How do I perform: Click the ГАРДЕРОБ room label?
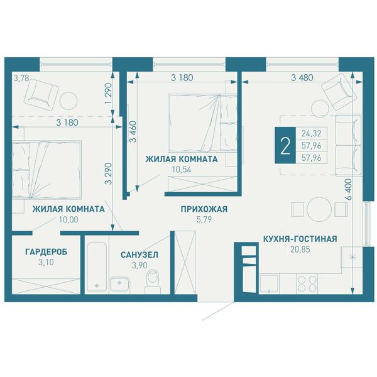[46, 252]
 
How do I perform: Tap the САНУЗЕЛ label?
[139, 254]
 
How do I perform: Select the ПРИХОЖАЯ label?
[204, 209]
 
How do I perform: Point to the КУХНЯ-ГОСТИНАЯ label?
[300, 239]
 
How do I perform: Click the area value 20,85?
[300, 249]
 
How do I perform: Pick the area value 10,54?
[182, 170]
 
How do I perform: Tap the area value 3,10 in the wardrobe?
[46, 262]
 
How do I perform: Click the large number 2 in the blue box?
[285, 146]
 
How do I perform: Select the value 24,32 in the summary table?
[312, 133]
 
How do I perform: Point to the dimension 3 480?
[302, 78]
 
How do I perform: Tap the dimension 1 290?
[109, 94]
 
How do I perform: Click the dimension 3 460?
[133, 131]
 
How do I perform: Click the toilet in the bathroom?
[153, 281]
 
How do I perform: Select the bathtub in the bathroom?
[97, 266]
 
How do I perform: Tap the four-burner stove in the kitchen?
[307, 284]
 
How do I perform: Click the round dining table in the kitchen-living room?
[319, 209]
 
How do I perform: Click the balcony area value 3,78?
[21, 78]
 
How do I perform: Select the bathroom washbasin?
[119, 285]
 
